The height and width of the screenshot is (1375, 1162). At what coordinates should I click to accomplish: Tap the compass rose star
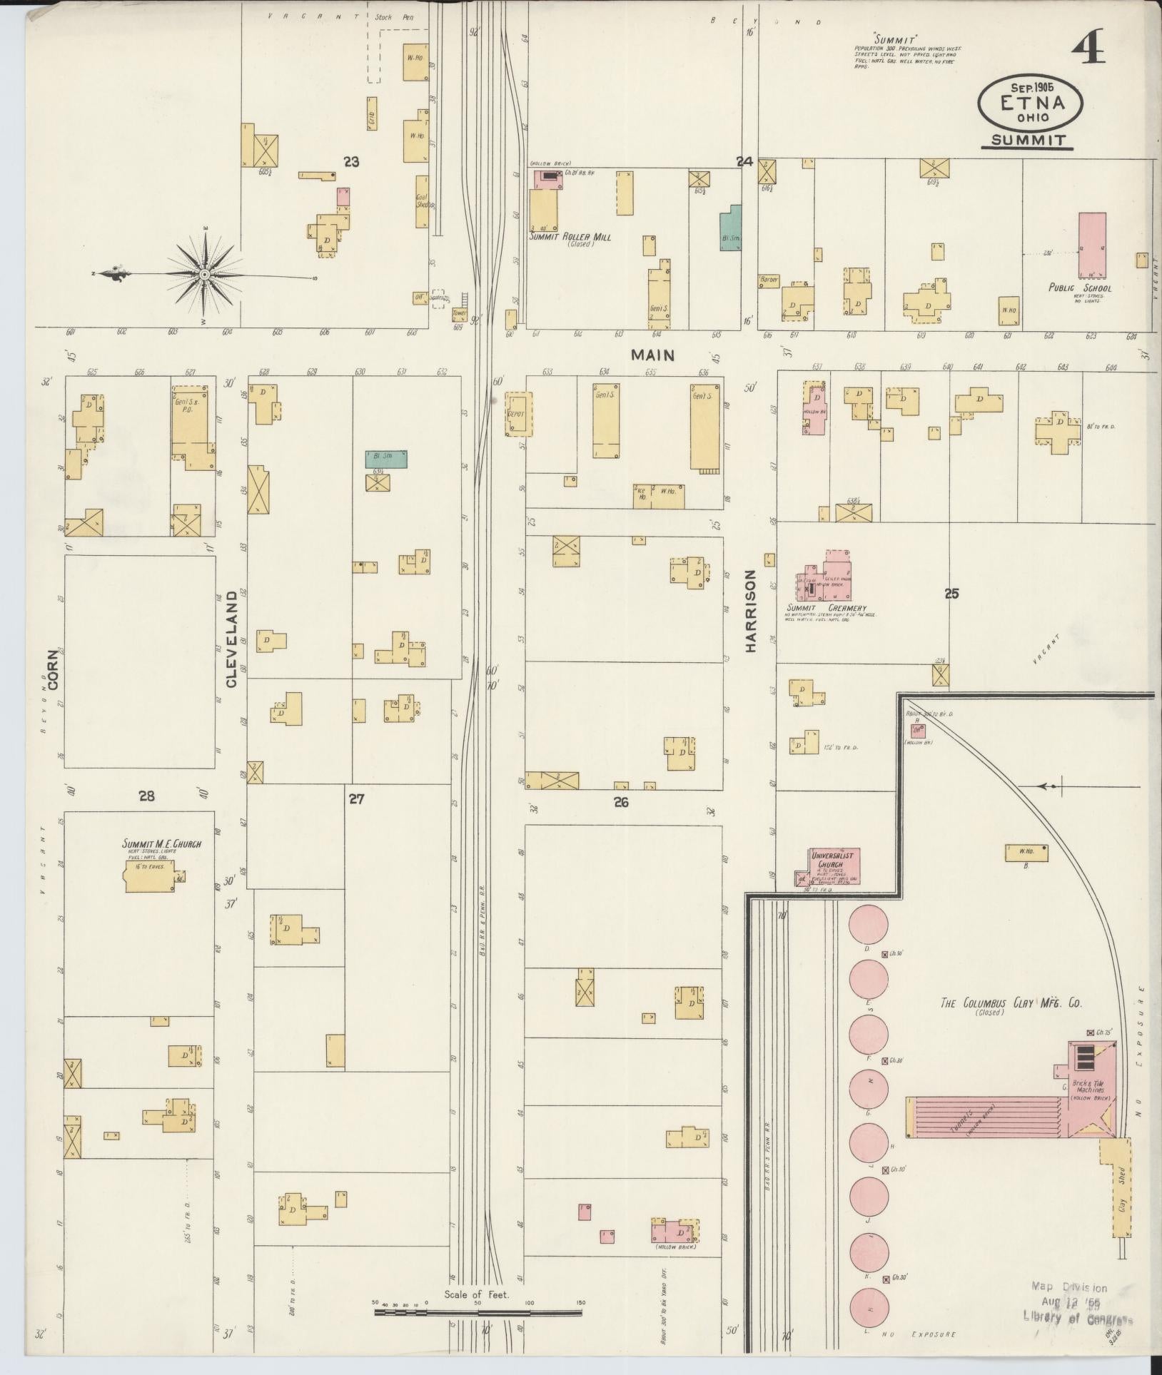click(x=205, y=275)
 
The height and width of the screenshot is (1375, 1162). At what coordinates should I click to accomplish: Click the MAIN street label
click(x=652, y=355)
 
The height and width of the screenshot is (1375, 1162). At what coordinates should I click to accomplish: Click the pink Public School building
click(x=1092, y=245)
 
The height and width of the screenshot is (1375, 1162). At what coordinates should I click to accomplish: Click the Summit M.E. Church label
click(x=161, y=844)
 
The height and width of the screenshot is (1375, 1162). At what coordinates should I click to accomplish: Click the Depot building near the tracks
click(x=519, y=414)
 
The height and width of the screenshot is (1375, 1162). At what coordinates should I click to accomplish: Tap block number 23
click(x=350, y=162)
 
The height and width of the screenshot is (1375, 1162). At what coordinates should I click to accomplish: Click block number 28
click(x=146, y=796)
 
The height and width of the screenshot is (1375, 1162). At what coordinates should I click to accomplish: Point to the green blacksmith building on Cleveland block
click(x=386, y=459)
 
